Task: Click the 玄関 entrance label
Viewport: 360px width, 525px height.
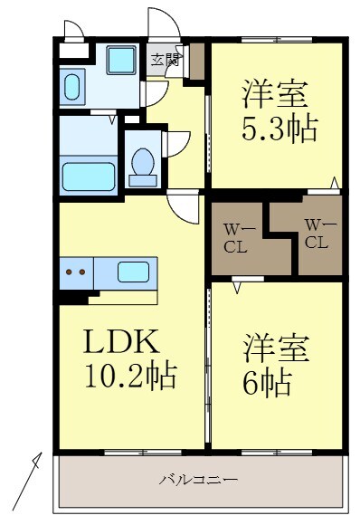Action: (164, 61)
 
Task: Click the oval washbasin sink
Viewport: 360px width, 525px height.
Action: (71, 88)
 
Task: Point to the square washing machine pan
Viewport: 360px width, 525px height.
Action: (119, 61)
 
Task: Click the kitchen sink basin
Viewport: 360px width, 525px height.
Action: (134, 271)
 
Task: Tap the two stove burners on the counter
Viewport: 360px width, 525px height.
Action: (75, 271)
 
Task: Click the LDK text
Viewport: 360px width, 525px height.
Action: (122, 341)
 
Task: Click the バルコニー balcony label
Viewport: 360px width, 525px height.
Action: (200, 479)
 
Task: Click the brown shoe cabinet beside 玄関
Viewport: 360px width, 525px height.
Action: (196, 60)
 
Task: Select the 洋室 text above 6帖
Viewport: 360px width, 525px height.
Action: (277, 348)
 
